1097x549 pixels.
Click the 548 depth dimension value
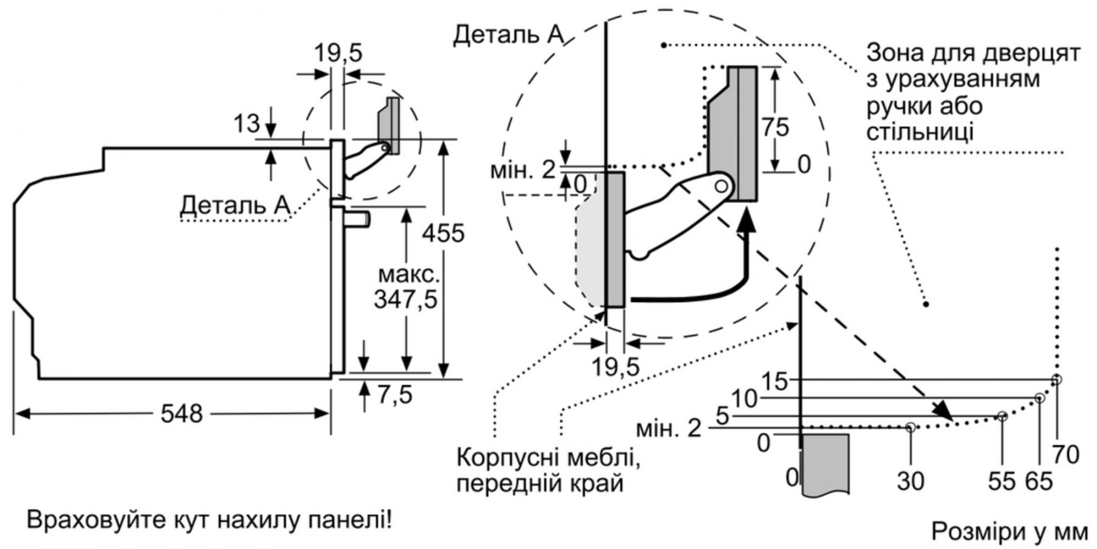181,414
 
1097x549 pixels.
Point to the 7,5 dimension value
394,395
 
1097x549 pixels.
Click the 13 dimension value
247,124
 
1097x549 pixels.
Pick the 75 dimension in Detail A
775,127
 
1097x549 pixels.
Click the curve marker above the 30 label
910,428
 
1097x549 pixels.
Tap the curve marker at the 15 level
1057,379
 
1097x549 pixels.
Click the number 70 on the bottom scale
1065,454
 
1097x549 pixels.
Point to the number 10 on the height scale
744,399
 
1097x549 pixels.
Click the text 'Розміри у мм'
1009,531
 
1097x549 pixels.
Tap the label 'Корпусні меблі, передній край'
548,470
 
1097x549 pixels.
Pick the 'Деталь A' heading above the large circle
509,35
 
